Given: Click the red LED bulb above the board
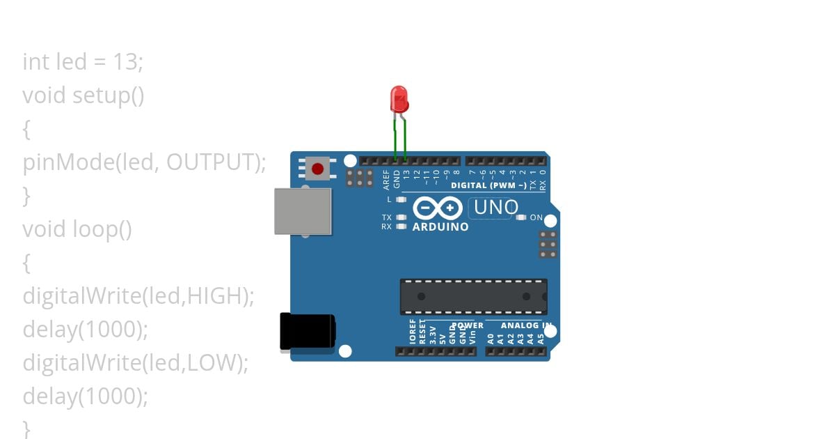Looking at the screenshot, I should point(399,99).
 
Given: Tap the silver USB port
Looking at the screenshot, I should point(303,210).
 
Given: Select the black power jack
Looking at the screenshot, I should point(307,331).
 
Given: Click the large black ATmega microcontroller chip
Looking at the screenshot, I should point(473,296).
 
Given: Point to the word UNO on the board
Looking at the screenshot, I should point(496,208).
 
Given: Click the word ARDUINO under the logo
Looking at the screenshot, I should point(440,226).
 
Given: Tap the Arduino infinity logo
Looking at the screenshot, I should point(438,208).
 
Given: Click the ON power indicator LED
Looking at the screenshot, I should point(521,217).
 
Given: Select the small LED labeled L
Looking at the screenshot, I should point(400,200).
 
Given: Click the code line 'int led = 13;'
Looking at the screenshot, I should point(83,62).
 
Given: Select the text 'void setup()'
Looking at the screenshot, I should point(83,95).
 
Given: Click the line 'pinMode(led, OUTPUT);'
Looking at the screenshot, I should point(145,162).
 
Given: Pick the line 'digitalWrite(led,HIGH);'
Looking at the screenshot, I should point(138,296).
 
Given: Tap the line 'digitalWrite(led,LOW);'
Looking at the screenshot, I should point(136,363).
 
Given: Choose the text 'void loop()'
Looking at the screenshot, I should point(77,229).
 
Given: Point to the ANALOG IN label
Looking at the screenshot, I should point(519,325).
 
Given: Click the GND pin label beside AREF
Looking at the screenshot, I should point(397,180).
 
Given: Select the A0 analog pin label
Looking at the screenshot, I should point(491,339).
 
